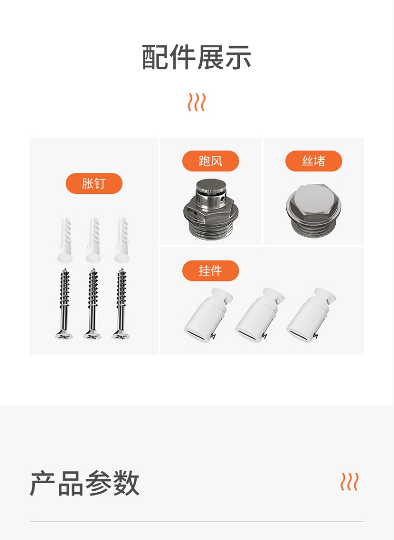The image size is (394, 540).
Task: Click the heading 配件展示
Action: pyautogui.click(x=196, y=57)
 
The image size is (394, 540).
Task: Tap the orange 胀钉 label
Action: pyautogui.click(x=94, y=183)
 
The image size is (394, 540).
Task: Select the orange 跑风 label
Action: pyautogui.click(x=211, y=161)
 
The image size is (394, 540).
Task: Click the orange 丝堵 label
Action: pyautogui.click(x=314, y=161)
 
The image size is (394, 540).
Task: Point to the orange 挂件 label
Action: pyautogui.click(x=211, y=271)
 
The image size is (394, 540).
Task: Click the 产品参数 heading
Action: pyautogui.click(x=85, y=483)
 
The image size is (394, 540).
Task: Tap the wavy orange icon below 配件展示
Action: pyautogui.click(x=196, y=102)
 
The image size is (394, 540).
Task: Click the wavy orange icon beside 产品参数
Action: pyautogui.click(x=349, y=481)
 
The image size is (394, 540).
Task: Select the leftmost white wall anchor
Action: pyautogui.click(x=65, y=240)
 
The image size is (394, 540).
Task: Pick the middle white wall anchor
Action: pyautogui.click(x=94, y=240)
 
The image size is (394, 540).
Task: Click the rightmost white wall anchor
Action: pyautogui.click(x=122, y=240)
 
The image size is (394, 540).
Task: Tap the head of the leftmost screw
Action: pyautogui.click(x=64, y=334)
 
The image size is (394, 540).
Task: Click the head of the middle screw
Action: pyautogui.click(x=92, y=334)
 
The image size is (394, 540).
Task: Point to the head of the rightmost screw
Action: pyautogui.click(x=121, y=334)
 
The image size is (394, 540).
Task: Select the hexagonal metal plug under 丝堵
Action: pyautogui.click(x=314, y=211)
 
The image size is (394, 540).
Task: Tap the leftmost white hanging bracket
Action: pyautogui.click(x=209, y=315)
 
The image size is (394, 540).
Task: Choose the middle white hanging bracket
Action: pyautogui.click(x=260, y=315)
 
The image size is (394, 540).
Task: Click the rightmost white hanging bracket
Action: pyautogui.click(x=311, y=315)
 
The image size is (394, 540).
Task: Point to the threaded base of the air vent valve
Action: pyautogui.click(x=211, y=229)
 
